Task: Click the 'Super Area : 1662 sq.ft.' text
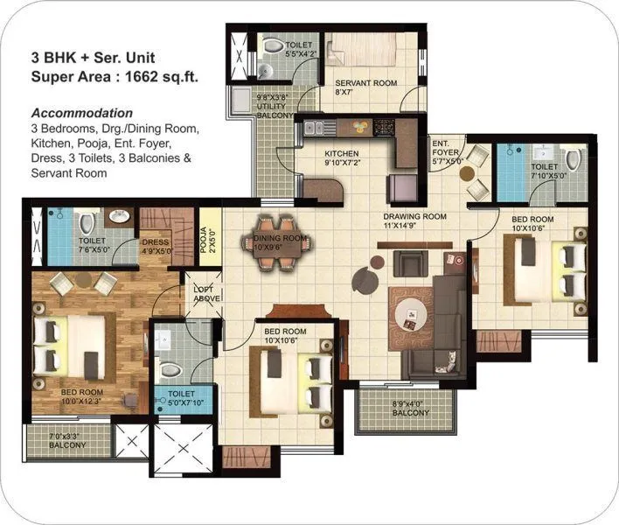click(x=115, y=76)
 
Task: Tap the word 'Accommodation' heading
click(x=82, y=113)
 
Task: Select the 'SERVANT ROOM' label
click(x=366, y=84)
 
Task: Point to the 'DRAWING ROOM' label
click(x=414, y=215)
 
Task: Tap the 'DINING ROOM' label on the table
click(x=280, y=237)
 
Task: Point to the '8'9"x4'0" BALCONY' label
click(x=408, y=408)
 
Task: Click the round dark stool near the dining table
click(x=363, y=280)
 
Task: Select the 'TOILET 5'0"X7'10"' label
click(x=176, y=398)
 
